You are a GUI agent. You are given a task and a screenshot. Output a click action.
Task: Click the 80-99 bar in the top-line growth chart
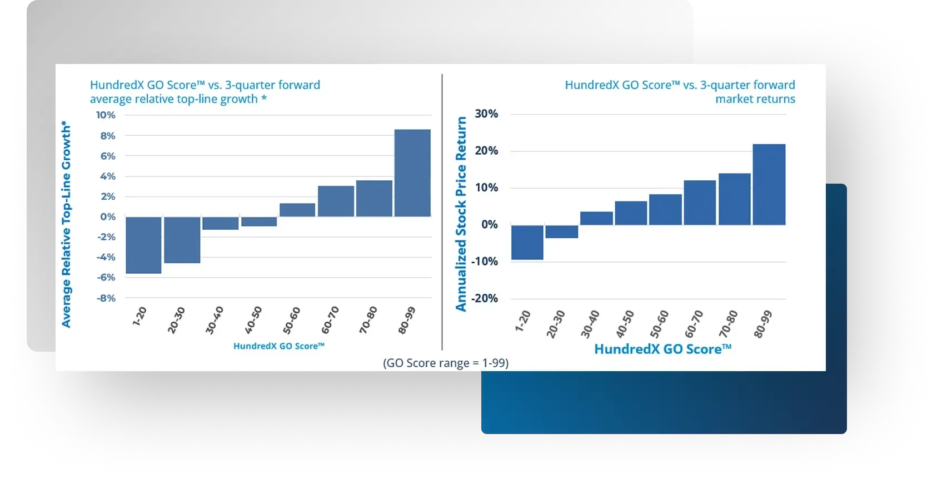pos(412,173)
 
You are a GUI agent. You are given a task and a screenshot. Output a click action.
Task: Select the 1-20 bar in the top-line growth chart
pos(143,245)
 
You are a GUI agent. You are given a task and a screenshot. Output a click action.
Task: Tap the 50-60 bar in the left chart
pos(297,210)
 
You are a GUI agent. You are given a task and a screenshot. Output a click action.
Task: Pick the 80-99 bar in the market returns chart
pos(769,185)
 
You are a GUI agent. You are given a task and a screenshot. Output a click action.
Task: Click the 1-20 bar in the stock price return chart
pos(527,243)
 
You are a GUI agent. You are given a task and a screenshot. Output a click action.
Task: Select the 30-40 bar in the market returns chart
pos(596,219)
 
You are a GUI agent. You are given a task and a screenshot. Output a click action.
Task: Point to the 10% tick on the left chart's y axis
pos(106,115)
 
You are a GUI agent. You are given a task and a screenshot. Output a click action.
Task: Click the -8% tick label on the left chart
pos(106,298)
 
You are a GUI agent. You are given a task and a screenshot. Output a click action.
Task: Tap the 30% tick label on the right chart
pos(486,114)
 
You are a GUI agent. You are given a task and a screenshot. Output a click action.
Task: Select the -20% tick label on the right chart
pos(485,298)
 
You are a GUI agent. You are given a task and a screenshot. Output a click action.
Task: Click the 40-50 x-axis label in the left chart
pos(253,320)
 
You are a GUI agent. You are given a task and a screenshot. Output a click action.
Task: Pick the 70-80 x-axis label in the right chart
pos(728,324)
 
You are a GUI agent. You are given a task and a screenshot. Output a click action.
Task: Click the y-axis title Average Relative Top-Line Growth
pos(66,224)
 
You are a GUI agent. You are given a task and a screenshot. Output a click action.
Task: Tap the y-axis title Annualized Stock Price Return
pos(461,214)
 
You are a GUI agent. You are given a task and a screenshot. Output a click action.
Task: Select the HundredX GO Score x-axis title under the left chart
pos(279,346)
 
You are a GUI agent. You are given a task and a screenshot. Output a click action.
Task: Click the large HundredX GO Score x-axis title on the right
pos(663,349)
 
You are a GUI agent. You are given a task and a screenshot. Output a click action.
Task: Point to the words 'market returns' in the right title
pos(755,99)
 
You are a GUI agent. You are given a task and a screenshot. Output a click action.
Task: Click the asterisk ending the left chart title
pos(264,97)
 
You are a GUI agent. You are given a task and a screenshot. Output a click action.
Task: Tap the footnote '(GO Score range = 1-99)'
pos(446,363)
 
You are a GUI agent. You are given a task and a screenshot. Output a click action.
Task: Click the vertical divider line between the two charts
pos(442,212)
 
